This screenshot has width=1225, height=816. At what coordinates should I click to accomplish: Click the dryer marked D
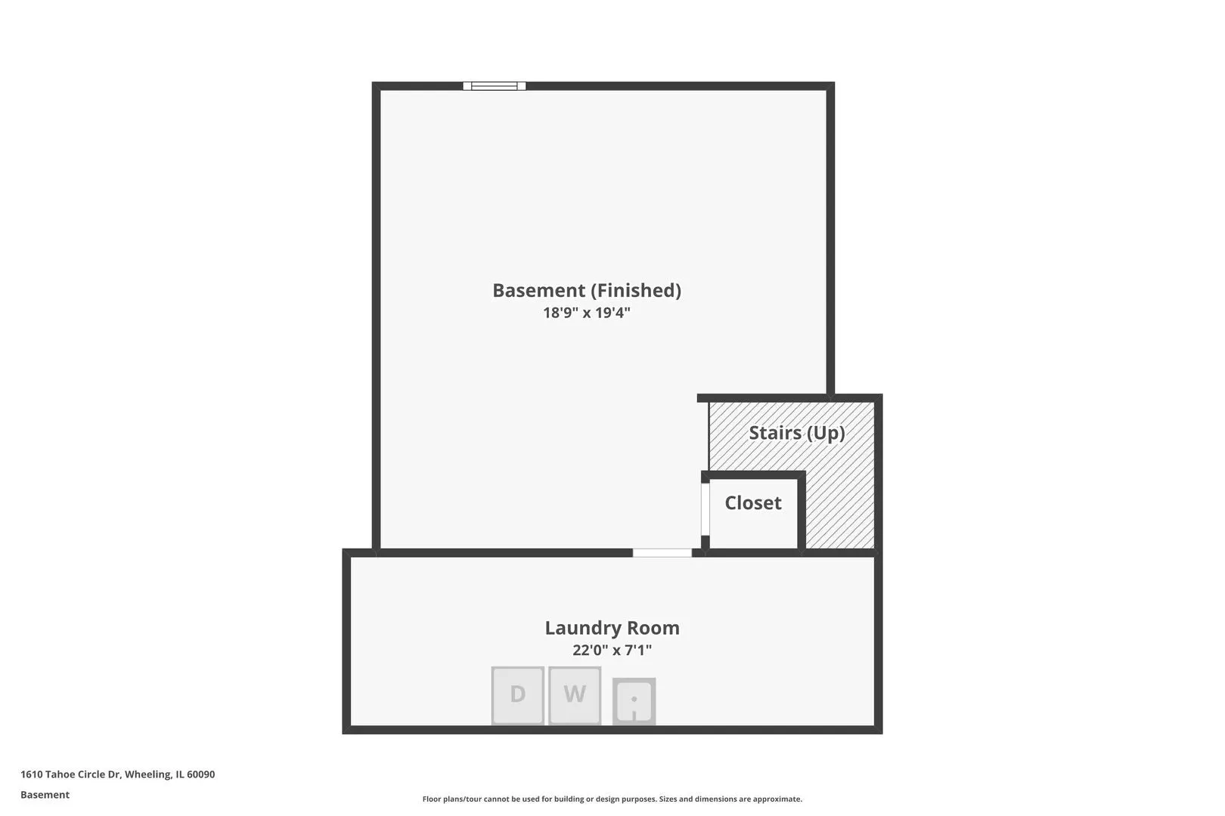coord(517,695)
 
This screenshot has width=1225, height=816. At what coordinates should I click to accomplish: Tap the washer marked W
coord(575,695)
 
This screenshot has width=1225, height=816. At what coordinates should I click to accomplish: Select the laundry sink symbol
coord(634,701)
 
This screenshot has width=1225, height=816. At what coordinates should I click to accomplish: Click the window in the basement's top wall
coord(495,86)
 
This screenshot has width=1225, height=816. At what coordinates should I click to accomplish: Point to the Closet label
coord(753,503)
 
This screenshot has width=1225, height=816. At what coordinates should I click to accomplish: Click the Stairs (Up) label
coord(797,433)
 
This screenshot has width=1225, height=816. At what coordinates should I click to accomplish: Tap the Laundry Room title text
coord(612,627)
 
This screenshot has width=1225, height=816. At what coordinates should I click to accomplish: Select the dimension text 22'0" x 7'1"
coord(612,650)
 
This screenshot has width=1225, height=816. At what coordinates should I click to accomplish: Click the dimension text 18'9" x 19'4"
coord(587,313)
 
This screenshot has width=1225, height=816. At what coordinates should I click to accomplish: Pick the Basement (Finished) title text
coord(587,290)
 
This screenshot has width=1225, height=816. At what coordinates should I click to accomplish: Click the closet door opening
coord(706,508)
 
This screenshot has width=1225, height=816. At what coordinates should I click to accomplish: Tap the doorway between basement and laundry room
coord(662,552)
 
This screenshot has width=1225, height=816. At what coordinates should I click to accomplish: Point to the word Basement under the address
coord(45,795)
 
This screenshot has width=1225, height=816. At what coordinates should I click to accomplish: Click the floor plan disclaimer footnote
coord(612,799)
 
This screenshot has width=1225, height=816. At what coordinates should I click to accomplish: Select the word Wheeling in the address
coord(147,774)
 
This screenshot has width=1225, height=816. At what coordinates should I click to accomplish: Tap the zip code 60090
coord(200,774)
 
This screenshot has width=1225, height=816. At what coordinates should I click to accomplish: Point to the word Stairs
coord(775,433)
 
